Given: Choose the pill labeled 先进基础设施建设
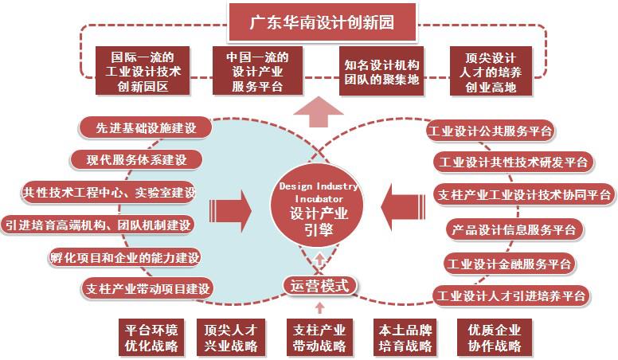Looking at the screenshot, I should pos(137,127).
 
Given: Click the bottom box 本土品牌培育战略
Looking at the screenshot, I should pos(403,338).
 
